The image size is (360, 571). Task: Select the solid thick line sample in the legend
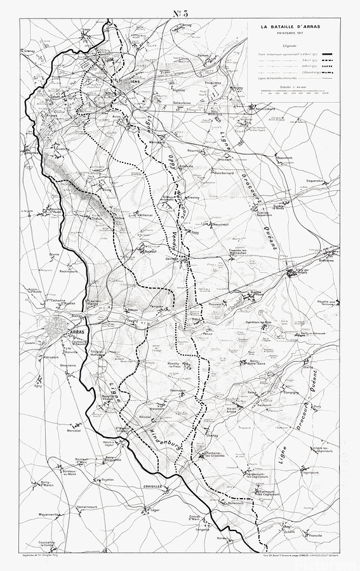[x=328, y=55]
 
